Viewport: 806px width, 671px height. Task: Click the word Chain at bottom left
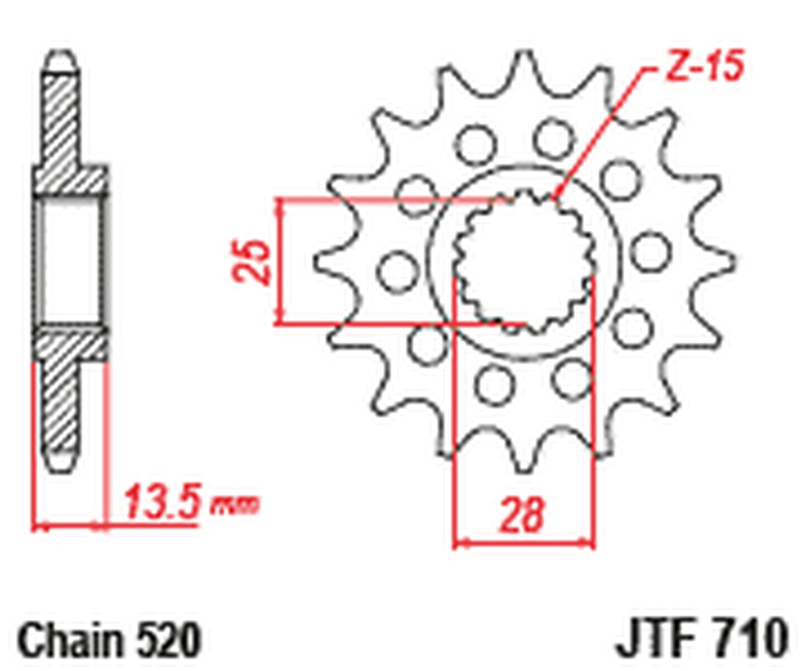pos(73,640)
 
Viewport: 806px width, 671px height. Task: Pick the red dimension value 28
pos(521,515)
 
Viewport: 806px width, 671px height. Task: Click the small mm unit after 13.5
pos(234,505)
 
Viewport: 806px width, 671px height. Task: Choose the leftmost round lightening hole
pos(398,271)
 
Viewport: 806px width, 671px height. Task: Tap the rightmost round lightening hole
pos(650,251)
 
